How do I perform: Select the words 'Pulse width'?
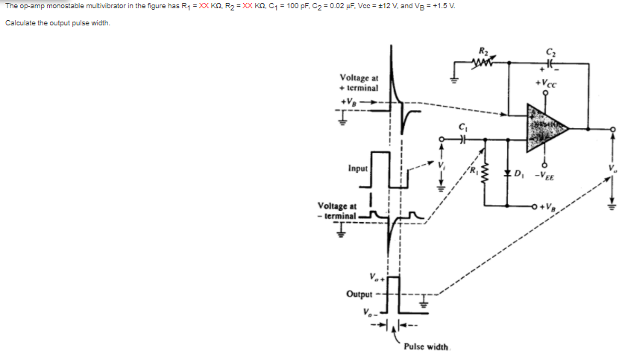(426, 347)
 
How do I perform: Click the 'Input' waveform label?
(357, 168)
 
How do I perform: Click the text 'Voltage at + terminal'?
(359, 82)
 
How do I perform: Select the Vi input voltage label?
(441, 165)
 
